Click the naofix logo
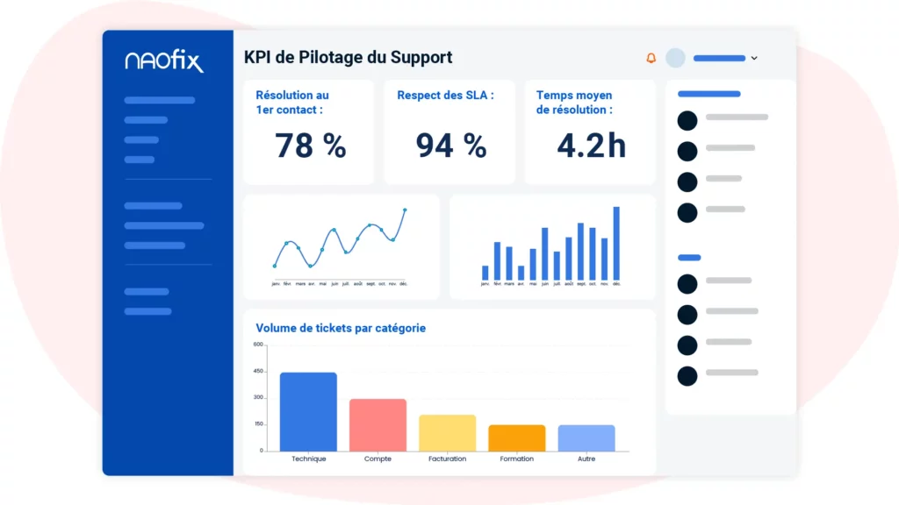[x=164, y=61]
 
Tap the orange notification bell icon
[x=651, y=59]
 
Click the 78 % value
[x=311, y=146]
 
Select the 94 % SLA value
[x=450, y=146]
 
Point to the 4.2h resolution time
[x=591, y=146]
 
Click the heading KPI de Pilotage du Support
[x=348, y=58]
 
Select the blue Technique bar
[x=308, y=411]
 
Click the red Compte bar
[x=378, y=424]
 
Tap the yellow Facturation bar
[x=447, y=432]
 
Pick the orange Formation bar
[x=516, y=437]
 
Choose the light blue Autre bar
[x=586, y=437]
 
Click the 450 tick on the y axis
[x=258, y=371]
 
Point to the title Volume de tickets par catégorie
[x=341, y=328]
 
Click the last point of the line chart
[x=405, y=210]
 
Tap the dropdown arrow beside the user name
[x=754, y=59]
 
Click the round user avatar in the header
[x=675, y=58]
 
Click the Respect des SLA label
[x=445, y=95]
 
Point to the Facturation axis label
[x=447, y=459]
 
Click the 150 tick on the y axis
[x=258, y=423]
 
